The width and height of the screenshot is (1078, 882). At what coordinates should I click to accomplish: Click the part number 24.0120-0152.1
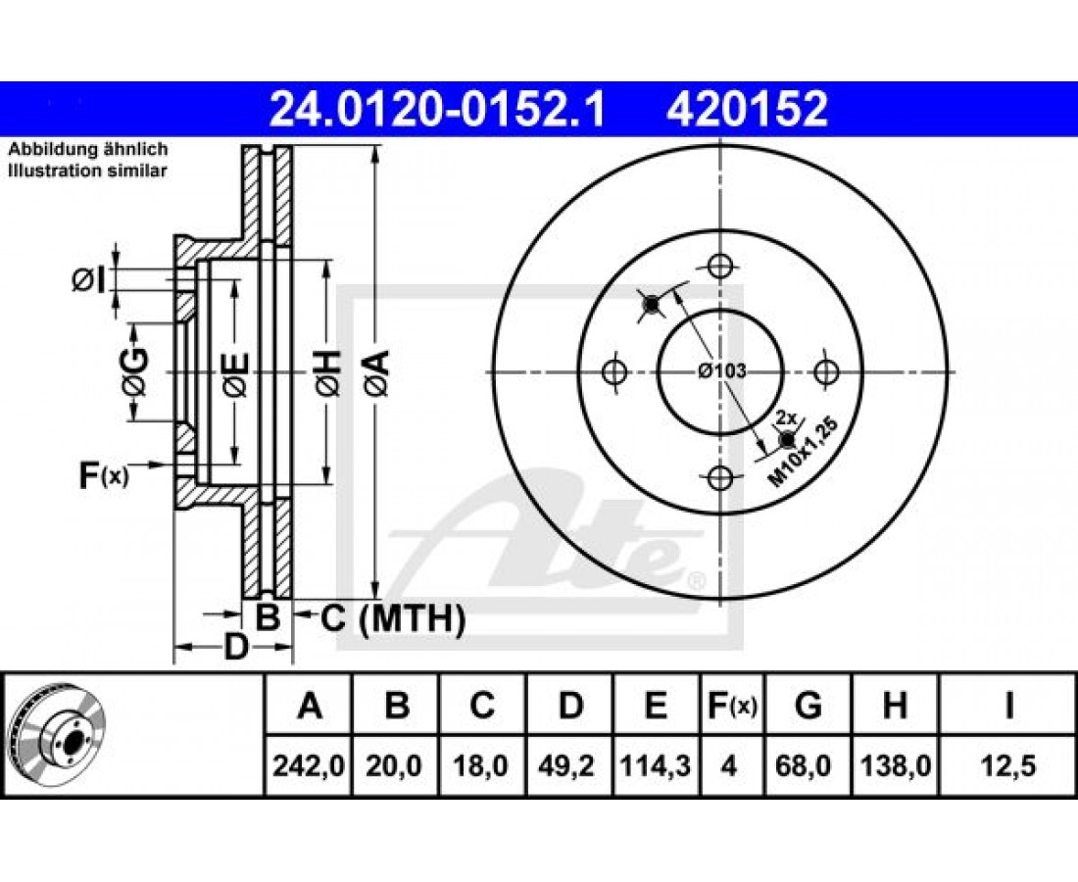click(438, 110)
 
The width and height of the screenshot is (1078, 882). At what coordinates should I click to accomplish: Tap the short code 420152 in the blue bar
click(747, 110)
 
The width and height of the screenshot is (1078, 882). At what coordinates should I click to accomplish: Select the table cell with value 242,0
click(309, 765)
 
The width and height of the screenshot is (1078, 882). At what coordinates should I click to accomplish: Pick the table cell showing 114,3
click(656, 765)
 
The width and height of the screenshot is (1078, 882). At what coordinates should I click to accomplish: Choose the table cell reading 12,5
click(1007, 765)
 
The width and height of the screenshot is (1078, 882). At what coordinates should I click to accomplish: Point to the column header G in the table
click(808, 706)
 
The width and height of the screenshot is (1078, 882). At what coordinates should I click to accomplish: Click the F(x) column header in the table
click(732, 706)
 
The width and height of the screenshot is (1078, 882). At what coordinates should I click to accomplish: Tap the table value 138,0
click(895, 765)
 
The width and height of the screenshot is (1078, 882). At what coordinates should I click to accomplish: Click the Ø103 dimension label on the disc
click(722, 371)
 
